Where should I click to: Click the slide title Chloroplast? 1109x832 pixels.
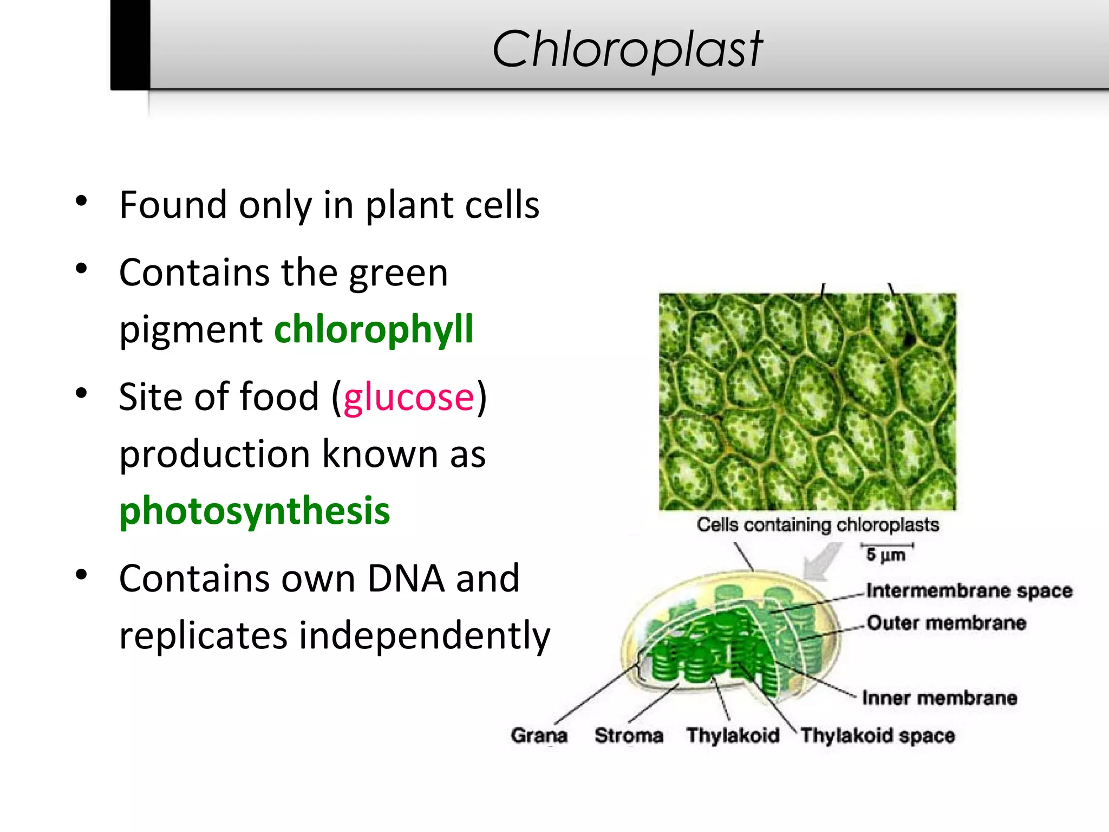pos(627,50)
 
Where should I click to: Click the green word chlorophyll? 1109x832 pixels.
pos(374,329)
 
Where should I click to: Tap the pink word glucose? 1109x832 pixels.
pos(409,397)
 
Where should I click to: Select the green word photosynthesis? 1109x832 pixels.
pos(255,511)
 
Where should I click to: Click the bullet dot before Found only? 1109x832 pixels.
pos(81,201)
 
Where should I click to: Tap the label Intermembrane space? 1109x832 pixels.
pos(969,590)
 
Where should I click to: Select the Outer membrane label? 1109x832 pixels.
pos(946,623)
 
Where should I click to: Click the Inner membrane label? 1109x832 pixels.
pos(939,698)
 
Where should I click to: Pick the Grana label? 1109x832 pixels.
pos(539,736)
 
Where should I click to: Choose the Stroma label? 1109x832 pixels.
pos(629,736)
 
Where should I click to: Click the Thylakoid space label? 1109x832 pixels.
pos(877,736)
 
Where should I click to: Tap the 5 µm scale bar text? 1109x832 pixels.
pos(885,555)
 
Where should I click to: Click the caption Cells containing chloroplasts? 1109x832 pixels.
pos(818,525)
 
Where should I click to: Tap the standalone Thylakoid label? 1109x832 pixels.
pos(733,736)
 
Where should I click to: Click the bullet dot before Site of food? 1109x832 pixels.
pos(81,394)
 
